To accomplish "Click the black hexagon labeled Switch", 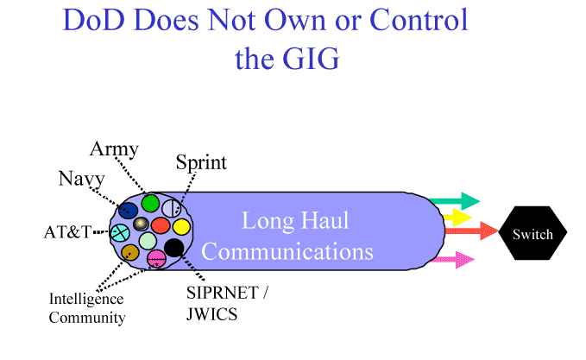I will [x=532, y=234].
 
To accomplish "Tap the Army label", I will [x=114, y=149].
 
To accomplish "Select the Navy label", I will [x=82, y=179].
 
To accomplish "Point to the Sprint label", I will [x=201, y=162].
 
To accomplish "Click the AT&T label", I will [x=67, y=232].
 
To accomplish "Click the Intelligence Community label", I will [x=86, y=308].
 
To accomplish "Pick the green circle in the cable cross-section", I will [x=151, y=204].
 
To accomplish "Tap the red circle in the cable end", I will [x=161, y=226].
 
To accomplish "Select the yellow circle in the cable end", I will [x=181, y=227].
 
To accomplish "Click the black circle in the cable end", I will [x=173, y=249].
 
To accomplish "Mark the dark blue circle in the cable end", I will [x=128, y=210].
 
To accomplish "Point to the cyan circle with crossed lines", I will [x=119, y=231].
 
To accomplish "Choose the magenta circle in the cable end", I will [x=156, y=258].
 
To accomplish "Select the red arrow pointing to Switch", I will [x=470, y=231].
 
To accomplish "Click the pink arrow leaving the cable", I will [x=454, y=260].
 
